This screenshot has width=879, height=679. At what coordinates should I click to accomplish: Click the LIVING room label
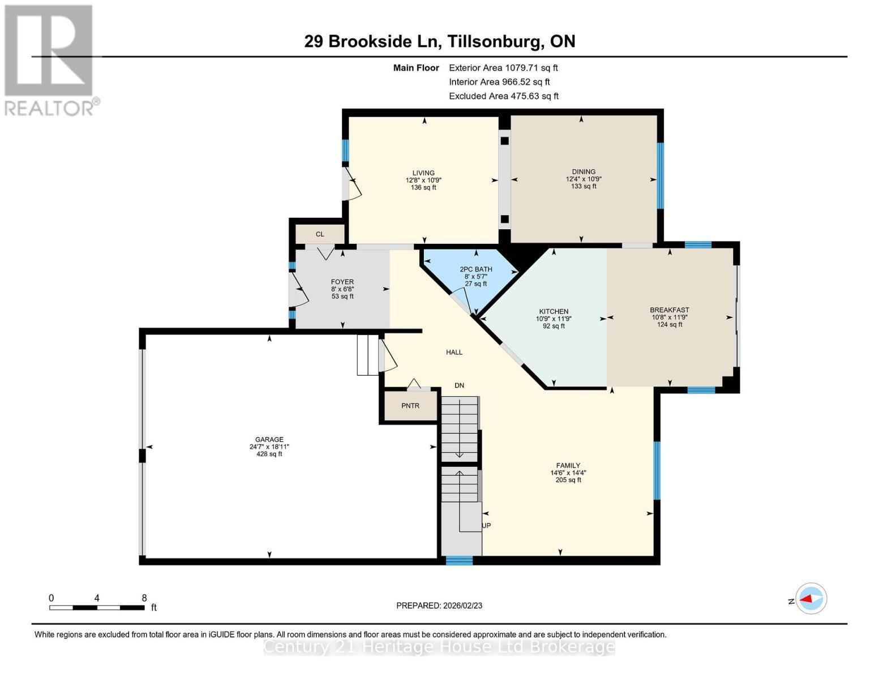click(423, 173)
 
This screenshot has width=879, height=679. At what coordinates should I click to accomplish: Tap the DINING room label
click(584, 172)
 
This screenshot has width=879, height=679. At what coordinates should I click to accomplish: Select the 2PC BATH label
click(475, 269)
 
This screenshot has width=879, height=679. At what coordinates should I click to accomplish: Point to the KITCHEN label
click(554, 312)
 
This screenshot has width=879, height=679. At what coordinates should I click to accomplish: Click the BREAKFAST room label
click(669, 310)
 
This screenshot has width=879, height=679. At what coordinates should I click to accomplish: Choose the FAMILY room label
click(568, 466)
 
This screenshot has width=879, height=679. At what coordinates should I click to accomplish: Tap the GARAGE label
click(269, 440)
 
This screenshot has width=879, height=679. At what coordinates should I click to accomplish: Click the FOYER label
click(342, 282)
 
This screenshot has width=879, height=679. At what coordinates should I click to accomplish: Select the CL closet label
click(320, 234)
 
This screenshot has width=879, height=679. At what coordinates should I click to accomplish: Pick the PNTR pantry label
click(410, 406)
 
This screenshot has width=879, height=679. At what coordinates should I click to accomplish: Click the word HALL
click(454, 353)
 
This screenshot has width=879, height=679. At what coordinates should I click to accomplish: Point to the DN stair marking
click(459, 385)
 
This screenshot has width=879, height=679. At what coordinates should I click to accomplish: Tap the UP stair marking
click(486, 526)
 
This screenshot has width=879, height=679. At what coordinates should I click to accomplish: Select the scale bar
click(96, 608)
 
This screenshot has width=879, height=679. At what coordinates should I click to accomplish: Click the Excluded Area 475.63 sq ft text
click(504, 96)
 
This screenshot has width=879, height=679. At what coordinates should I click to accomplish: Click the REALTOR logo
click(49, 59)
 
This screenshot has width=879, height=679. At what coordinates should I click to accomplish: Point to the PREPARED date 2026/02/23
click(439, 605)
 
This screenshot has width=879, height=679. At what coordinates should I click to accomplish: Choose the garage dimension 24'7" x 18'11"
click(269, 447)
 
